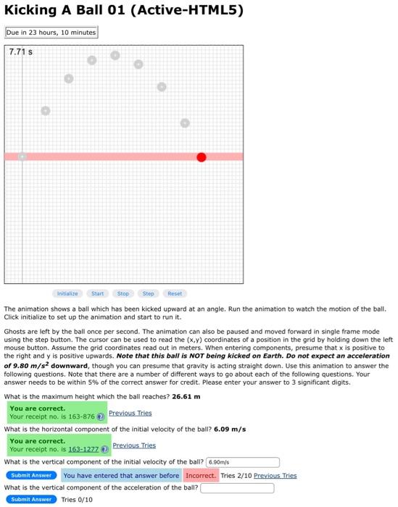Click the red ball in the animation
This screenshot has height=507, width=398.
point(201,157)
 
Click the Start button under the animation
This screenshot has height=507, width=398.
point(97,293)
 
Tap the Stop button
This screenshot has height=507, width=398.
point(123,293)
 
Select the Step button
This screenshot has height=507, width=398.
point(148,293)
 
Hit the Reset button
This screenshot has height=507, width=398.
point(175,293)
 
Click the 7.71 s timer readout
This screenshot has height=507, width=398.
point(21,52)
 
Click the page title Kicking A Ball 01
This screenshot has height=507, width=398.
point(124,10)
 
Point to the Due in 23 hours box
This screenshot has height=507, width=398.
point(51,33)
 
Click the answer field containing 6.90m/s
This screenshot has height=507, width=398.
point(243,462)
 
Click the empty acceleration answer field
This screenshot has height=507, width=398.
point(237,488)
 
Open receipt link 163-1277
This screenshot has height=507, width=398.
point(83,449)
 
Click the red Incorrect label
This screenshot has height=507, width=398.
point(200,476)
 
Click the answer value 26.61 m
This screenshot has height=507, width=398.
point(186,396)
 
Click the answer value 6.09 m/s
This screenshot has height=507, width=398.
point(230,429)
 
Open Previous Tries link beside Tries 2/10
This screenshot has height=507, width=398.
point(275,476)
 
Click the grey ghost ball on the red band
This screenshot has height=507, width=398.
point(22,156)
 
